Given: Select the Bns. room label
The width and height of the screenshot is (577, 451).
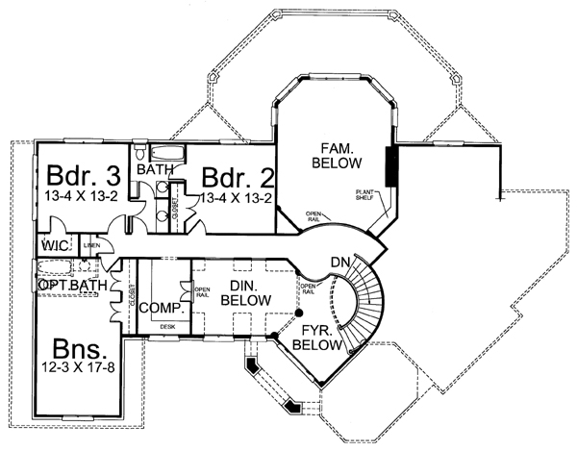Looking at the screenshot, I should point(76,348).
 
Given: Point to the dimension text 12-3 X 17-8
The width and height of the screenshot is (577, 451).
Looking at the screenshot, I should point(77,367).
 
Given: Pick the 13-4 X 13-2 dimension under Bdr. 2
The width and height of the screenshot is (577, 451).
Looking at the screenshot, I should point(237,198).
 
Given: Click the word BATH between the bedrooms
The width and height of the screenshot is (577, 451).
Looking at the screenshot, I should point(154,170).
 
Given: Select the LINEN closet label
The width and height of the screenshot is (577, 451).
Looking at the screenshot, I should point(92,246).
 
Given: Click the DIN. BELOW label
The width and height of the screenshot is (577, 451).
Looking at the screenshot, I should point(240,292).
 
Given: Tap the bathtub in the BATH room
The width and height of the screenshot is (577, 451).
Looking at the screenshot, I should point(169,154).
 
